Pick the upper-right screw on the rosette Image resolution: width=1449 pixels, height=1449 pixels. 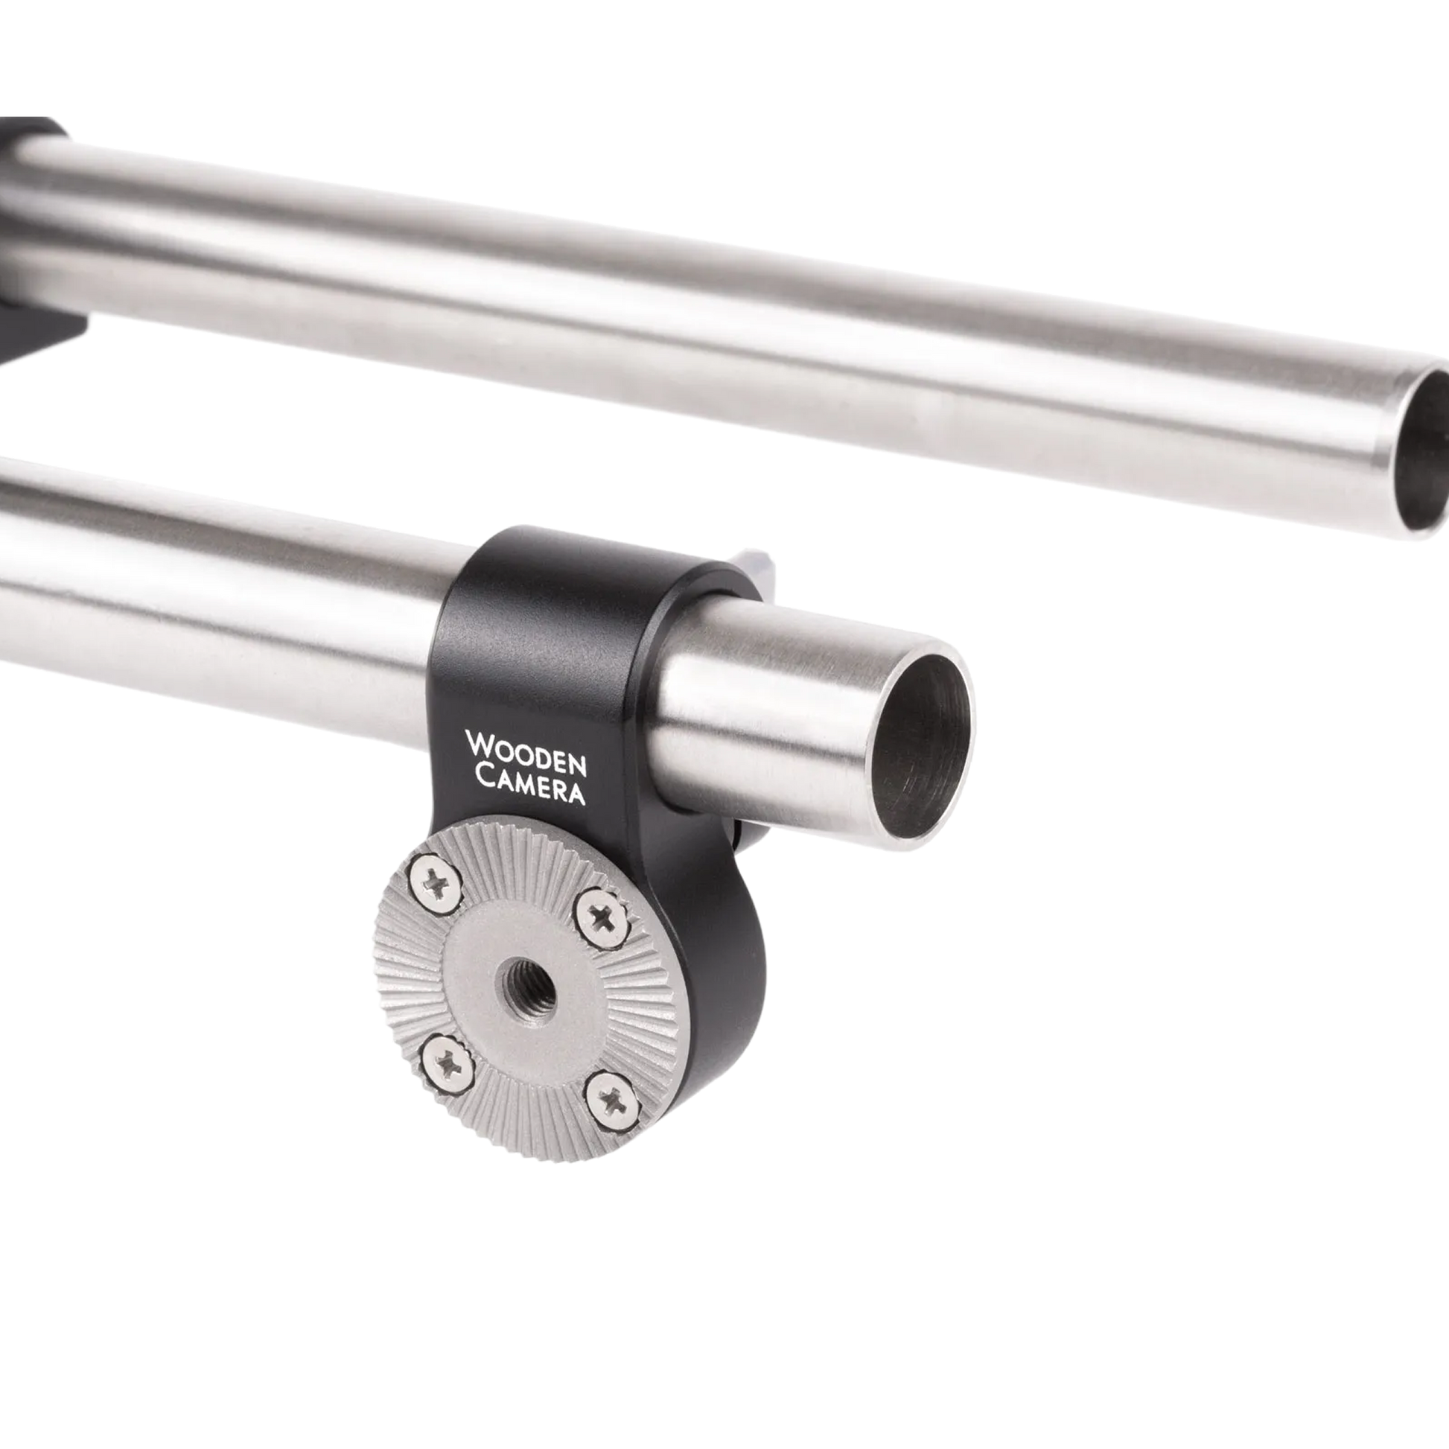[601, 916]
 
